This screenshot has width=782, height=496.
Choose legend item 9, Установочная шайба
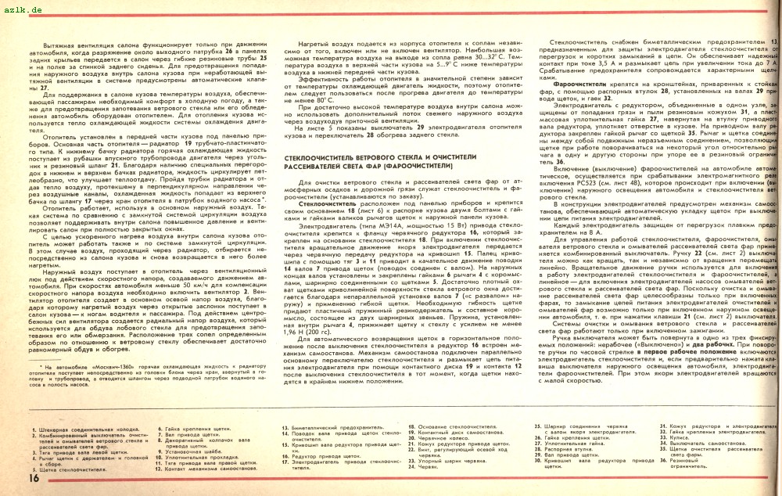[x=188, y=451]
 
